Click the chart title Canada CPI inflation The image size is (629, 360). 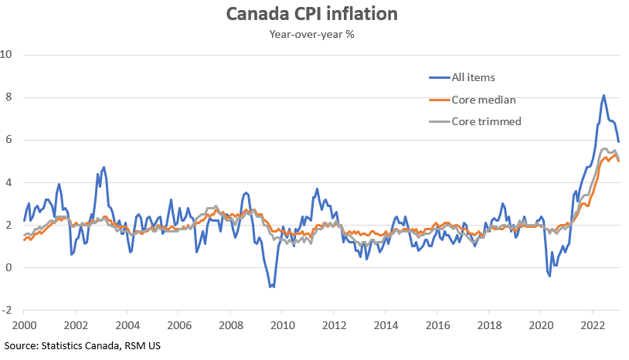[314, 15]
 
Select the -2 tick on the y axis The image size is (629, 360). [8, 311]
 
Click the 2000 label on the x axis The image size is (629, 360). [23, 326]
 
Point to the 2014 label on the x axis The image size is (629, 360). [386, 326]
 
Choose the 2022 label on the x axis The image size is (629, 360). [593, 326]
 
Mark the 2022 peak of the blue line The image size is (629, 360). [603, 96]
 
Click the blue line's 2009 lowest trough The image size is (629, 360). [271, 287]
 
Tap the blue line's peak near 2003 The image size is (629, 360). [104, 167]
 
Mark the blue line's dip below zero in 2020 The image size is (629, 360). [549, 275]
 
